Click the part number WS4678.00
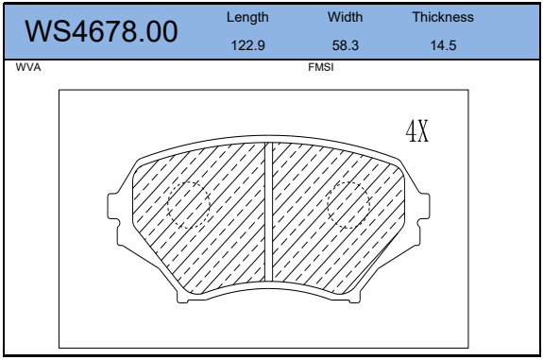[101, 31]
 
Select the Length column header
[247, 17]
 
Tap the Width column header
[346, 17]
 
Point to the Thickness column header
[443, 17]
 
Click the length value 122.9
[248, 45]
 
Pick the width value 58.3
[346, 45]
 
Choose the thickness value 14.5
[443, 45]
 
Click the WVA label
[28, 67]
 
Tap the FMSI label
[321, 67]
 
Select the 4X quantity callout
[417, 130]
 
